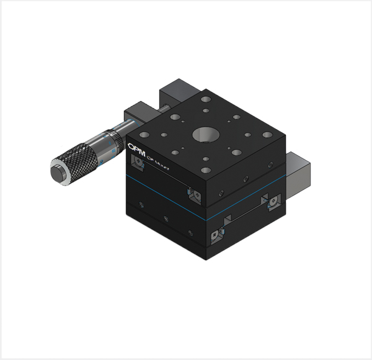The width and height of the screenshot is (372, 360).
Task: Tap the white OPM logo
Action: (135, 148)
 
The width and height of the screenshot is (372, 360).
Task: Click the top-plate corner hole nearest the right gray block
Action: (267, 135)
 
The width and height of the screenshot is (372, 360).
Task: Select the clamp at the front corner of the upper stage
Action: (195, 196)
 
